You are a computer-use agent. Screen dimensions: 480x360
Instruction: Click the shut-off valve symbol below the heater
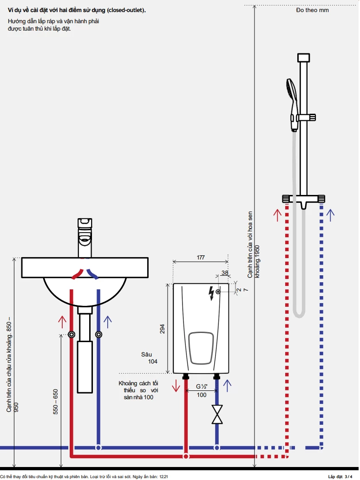click(216, 414)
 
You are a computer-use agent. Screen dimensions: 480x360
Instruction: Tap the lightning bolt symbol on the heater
click(212, 293)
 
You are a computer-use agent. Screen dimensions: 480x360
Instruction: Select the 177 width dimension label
click(201, 257)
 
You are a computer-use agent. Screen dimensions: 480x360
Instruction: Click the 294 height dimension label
click(162, 329)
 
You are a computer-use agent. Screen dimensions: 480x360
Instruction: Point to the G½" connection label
click(201, 386)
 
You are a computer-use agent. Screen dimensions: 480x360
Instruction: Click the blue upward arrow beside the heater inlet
click(227, 385)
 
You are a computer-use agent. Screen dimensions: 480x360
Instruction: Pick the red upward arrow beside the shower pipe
click(277, 215)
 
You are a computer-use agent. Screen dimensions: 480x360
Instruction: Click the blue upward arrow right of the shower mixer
click(330, 215)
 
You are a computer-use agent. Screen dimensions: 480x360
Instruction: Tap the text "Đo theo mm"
click(312, 10)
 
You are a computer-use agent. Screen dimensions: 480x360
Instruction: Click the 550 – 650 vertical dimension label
click(56, 402)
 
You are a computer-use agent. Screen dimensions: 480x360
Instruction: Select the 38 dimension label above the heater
click(225, 273)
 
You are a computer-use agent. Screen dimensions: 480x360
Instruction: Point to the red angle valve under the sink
click(72, 334)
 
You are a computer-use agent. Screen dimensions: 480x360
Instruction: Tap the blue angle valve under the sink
click(98, 334)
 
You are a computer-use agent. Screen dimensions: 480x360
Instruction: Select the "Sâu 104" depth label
click(149, 358)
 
